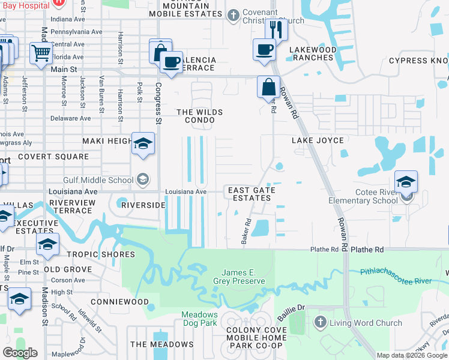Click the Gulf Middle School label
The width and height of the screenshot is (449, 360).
tap(99, 179)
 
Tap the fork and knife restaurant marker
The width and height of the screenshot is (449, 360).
tap(274, 28)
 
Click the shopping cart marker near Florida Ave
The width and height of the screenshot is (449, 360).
tap(41, 53)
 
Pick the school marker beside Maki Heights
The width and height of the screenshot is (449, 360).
tap(143, 144)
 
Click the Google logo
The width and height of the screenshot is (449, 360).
tap(20, 353)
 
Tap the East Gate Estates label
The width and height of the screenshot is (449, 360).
tap(252, 194)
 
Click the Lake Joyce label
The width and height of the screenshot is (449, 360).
tap(318, 140)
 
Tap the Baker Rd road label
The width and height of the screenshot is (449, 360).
tap(246, 230)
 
